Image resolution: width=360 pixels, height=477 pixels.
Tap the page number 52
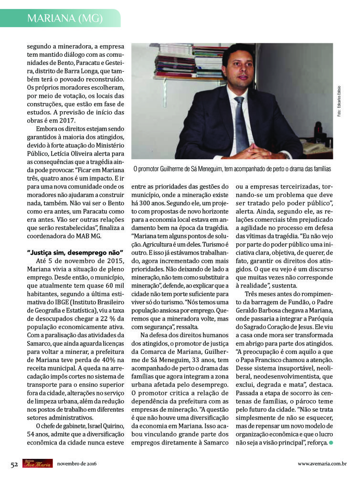point(14,464)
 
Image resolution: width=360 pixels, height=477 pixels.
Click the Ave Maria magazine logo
point(37,464)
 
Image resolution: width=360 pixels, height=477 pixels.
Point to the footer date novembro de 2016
point(77,464)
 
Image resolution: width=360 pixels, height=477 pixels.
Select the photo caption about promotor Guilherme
point(232,169)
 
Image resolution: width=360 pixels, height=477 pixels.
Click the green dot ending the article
point(330,443)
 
